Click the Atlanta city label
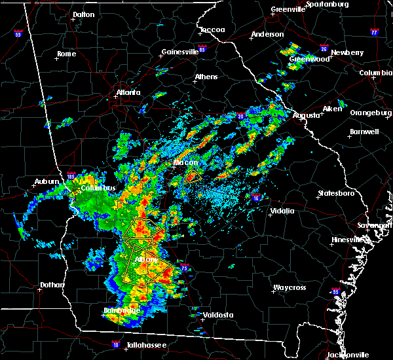click(128, 92)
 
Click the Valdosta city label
click(218, 315)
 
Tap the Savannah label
click(379, 225)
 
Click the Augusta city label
click(307, 115)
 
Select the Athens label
click(206, 77)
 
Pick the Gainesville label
click(180, 52)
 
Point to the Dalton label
click(83, 14)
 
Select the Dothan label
click(52, 285)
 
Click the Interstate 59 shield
click(18, 34)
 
